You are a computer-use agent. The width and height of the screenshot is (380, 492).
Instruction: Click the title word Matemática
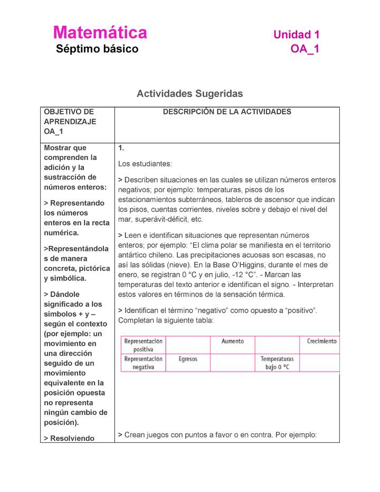(x=100, y=33)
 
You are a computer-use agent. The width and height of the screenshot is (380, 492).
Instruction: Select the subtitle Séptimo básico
(x=97, y=49)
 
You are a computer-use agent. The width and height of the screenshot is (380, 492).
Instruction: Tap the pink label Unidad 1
(x=296, y=35)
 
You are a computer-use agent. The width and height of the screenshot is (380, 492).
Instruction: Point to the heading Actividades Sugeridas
(x=189, y=93)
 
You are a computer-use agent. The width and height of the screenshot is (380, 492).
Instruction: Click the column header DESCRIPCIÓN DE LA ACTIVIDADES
(x=227, y=112)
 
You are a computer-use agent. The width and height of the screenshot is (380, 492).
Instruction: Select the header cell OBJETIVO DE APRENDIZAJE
(x=70, y=117)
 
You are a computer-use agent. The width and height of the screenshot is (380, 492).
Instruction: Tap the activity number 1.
(x=121, y=148)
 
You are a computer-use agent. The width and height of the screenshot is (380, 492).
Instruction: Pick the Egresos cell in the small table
(x=188, y=359)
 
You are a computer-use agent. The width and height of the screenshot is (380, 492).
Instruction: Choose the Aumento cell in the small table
(x=232, y=342)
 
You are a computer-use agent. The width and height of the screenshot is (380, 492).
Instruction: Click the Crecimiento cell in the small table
(x=321, y=342)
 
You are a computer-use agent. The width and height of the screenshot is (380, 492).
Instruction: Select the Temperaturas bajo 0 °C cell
(x=277, y=363)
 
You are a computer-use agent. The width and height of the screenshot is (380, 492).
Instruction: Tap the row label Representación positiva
(x=143, y=345)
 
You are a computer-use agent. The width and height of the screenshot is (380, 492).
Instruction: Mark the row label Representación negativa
(x=143, y=363)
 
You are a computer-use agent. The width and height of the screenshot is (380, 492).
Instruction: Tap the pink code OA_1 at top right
(x=305, y=49)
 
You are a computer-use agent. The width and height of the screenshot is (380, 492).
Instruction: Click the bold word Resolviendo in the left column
(x=72, y=438)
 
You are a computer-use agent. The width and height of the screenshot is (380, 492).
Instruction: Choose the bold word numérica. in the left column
(x=61, y=233)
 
